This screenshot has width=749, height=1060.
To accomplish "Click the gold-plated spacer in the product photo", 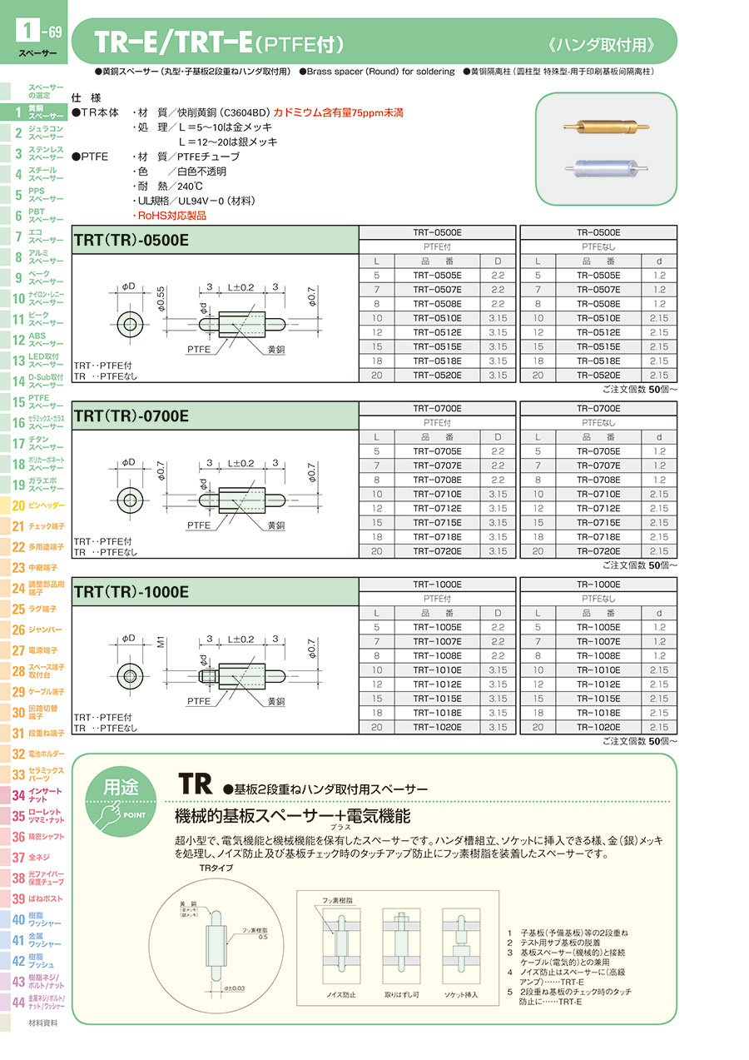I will point(605,127).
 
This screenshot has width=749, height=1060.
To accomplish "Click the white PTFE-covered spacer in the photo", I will point(605,169).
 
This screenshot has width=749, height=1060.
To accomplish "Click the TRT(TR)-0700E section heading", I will point(131,416).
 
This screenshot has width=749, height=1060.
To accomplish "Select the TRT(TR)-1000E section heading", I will point(131,592).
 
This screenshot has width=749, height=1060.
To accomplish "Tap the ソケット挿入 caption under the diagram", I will point(460,994).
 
